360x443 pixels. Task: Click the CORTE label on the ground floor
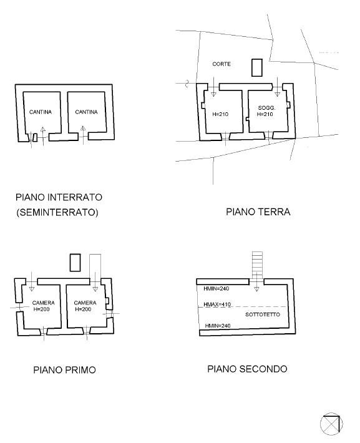tap(221, 64)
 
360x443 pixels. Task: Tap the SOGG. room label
tap(266, 108)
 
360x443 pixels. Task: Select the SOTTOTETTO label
tap(263, 314)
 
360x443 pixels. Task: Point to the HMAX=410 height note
tap(217, 304)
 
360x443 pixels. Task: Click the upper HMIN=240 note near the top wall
tap(216, 289)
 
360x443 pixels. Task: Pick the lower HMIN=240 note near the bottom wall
tap(218, 326)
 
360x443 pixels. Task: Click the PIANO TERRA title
tap(258, 212)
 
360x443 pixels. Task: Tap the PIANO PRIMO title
tap(64, 370)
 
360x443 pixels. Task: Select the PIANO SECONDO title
tap(247, 369)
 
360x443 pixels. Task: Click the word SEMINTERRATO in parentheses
tap(57, 212)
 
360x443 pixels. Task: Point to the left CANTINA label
tap(41, 112)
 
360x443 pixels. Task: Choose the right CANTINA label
tap(86, 112)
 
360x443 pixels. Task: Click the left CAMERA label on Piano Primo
tap(43, 303)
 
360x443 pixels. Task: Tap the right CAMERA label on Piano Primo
tap(85, 303)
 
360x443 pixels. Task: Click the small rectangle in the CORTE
tap(257, 67)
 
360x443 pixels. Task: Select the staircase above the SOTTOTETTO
tap(257, 265)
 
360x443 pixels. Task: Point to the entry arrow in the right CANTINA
tap(83, 135)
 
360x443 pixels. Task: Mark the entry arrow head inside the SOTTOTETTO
tap(256, 289)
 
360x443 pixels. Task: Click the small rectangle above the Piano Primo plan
tap(75, 263)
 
